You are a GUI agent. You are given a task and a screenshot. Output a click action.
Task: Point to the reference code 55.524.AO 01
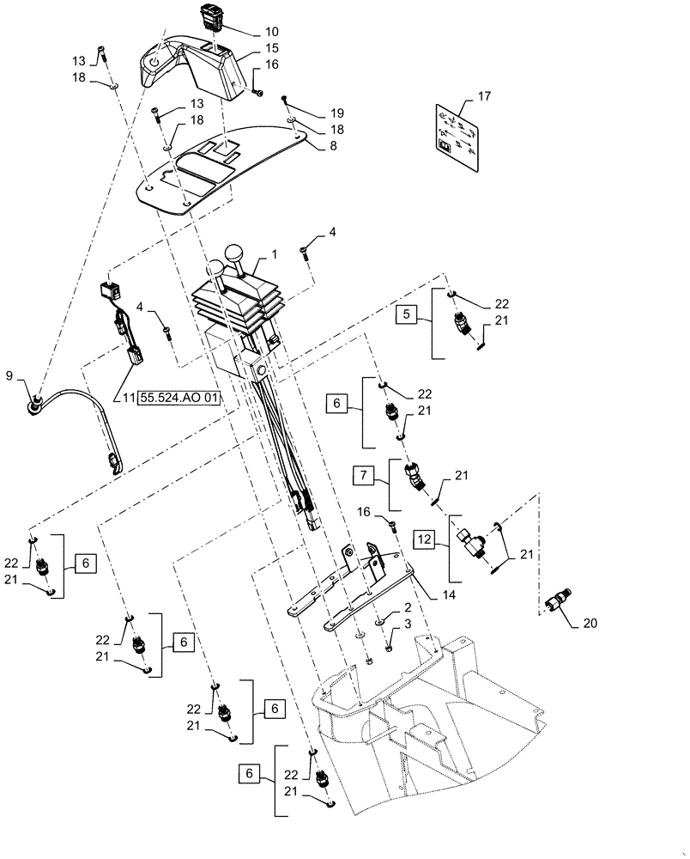tap(177, 398)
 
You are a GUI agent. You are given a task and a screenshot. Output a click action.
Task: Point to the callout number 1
tap(274, 256)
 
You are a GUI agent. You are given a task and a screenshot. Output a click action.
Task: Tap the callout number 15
tap(271, 49)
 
